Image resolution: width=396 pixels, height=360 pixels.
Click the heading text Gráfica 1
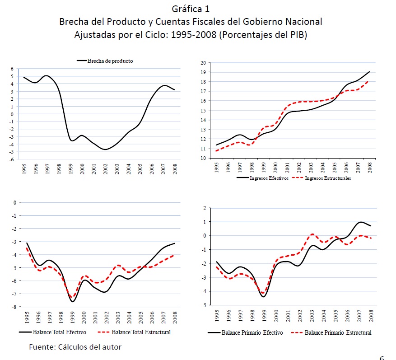(191, 9)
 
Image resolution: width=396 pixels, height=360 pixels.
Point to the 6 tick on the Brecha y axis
(13, 69)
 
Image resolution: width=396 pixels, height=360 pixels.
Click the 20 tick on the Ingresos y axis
(203, 63)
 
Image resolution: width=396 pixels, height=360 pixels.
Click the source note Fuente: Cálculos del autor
(75, 347)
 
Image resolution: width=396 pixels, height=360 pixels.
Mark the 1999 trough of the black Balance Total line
(73, 301)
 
